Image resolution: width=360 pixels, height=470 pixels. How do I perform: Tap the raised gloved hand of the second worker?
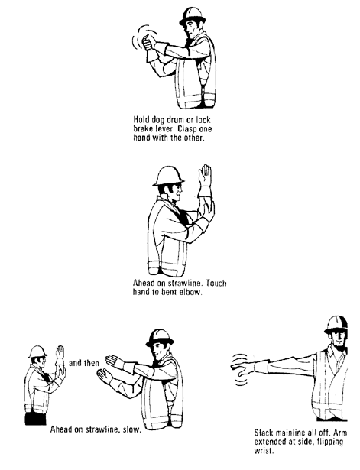tap(203, 183)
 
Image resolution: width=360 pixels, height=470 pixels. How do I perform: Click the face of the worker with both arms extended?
tap(159, 353)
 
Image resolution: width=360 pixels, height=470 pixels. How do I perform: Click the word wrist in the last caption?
tap(264, 451)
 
